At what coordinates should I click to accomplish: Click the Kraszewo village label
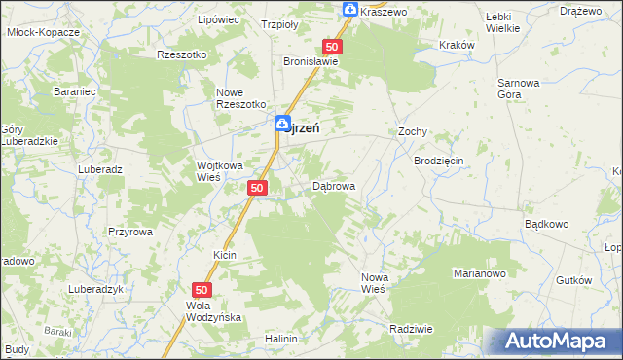point(383,11)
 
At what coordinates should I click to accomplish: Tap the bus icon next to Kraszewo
point(350,10)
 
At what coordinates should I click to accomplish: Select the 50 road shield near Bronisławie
point(333,47)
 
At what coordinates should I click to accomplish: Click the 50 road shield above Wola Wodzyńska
point(202,290)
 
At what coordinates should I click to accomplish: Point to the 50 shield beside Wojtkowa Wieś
point(257,187)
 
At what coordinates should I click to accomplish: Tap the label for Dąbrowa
point(334,185)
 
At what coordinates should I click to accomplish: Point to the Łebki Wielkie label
point(501,22)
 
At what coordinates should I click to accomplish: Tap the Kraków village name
point(457,45)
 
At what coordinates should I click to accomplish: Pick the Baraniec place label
point(72,92)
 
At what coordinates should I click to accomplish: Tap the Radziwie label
point(411,329)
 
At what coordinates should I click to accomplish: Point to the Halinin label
point(280,339)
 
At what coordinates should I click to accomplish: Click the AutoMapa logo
point(553,342)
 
